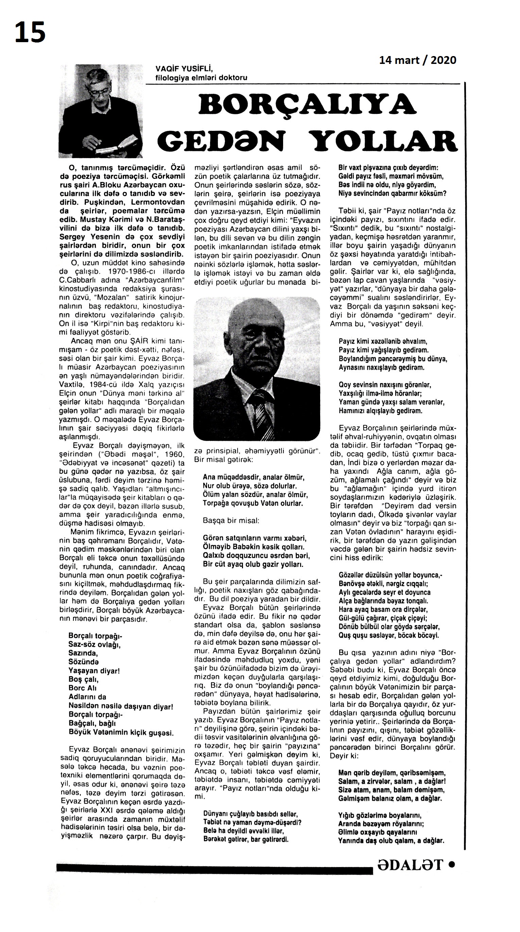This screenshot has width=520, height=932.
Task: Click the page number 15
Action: coord(30,32)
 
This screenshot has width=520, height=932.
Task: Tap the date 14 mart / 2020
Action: coord(417,60)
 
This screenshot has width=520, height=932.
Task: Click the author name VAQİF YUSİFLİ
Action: coord(184,69)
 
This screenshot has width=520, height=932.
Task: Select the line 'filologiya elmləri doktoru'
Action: coord(201,78)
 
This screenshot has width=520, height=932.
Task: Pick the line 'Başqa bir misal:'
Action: coord(231,521)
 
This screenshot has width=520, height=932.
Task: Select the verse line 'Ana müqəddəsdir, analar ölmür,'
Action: coord(253,477)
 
